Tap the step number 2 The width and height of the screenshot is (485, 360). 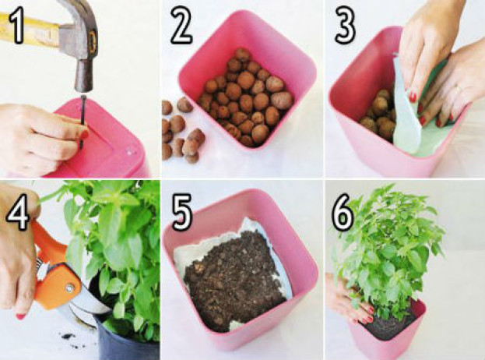pyautogui.click(x=181, y=26)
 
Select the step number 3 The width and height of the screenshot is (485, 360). pyautogui.click(x=345, y=26)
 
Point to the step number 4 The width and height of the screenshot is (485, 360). pyautogui.click(x=18, y=212)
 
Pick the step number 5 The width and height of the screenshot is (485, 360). pyautogui.click(x=182, y=212)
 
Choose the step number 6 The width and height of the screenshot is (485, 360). pyautogui.click(x=343, y=213)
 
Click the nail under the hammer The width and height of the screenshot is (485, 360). pyautogui.click(x=83, y=122)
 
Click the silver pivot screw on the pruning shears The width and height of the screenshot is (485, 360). pyautogui.click(x=69, y=288)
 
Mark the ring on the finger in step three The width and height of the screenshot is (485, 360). pyautogui.click(x=459, y=89)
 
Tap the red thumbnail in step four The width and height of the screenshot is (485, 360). pyautogui.click(x=20, y=316)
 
